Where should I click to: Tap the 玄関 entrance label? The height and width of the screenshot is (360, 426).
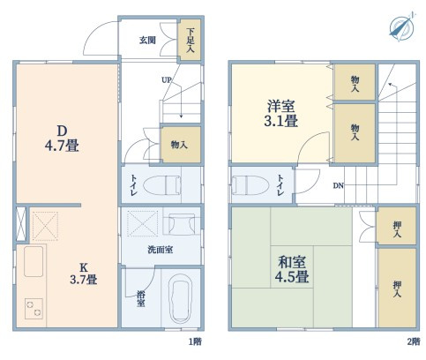[149, 40]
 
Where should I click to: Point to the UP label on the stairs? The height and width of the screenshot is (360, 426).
[165, 81]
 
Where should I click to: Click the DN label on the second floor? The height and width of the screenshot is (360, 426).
[339, 186]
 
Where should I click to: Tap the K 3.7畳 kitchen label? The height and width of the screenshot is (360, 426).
[84, 273]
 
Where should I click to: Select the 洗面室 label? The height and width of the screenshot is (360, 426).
[160, 251]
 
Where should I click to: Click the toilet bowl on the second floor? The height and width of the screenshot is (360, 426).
[250, 185]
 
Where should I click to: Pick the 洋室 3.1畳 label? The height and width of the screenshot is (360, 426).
[282, 113]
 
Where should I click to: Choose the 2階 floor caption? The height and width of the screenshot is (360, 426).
[412, 340]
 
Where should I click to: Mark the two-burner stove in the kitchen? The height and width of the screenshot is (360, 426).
[34, 308]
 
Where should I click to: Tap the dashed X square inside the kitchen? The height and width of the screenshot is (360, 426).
[45, 226]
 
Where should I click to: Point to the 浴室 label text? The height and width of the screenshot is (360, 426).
[140, 301]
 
